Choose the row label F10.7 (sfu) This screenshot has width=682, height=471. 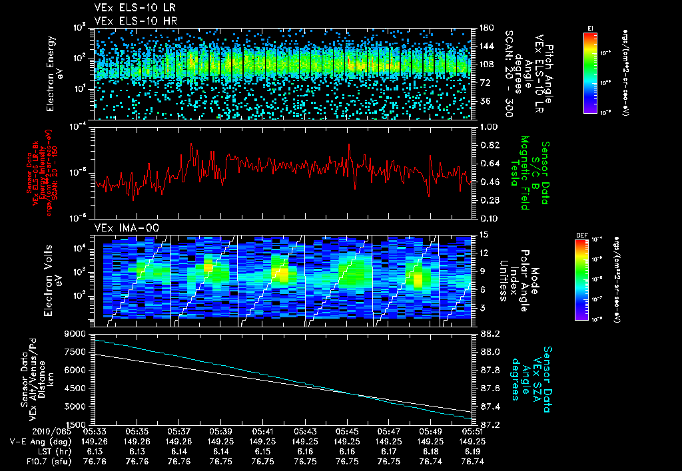click(26, 460)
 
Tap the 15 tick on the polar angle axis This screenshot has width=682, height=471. click(484, 234)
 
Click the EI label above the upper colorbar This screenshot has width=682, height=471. click(590, 27)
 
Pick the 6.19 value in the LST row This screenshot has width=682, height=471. click(472, 450)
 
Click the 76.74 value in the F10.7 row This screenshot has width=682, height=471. click(472, 460)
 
